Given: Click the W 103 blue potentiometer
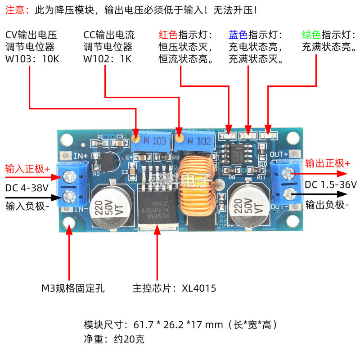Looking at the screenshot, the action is coord(152,141).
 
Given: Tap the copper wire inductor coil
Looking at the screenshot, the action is coord(198,185).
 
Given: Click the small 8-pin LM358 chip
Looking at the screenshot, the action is coord(237,153).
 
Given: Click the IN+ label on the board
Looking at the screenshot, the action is coord(81,156).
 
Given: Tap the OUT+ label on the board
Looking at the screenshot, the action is coord(279,154).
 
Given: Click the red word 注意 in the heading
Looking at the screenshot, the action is coord(15,10).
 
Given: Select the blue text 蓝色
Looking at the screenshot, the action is coord(238,35).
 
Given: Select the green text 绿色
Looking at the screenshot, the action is coord(311,35).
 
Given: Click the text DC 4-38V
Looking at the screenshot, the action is coord(27,188).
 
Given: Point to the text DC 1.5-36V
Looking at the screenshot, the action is coord(331,184).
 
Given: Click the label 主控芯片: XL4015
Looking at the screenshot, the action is coord(174,288).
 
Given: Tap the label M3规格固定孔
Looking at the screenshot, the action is coord(73,288).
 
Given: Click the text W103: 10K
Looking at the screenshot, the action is coord(32,59).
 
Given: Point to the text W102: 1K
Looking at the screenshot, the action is coord(107,59).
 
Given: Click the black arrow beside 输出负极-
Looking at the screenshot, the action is coord(319,194).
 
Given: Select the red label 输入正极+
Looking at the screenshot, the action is coord(27,169).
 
